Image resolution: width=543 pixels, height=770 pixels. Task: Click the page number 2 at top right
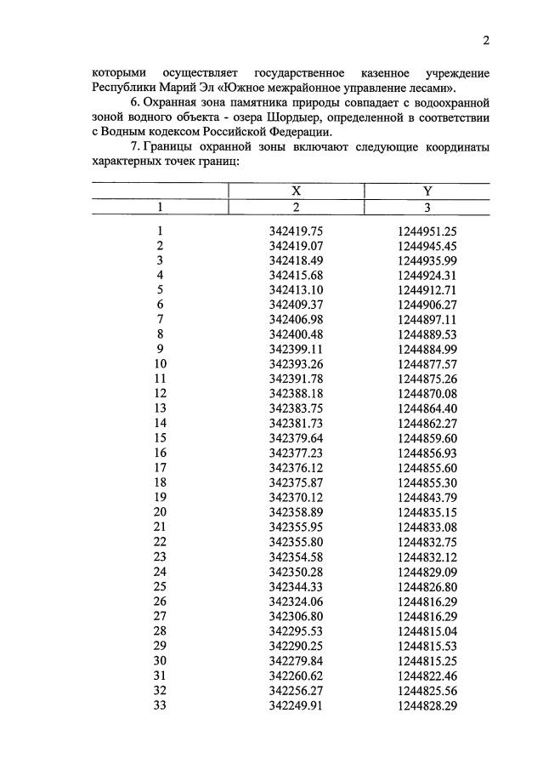click(486, 40)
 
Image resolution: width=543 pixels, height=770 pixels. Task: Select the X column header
click(297, 192)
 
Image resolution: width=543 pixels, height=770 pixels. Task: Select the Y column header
click(427, 192)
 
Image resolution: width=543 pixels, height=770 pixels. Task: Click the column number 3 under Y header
click(427, 208)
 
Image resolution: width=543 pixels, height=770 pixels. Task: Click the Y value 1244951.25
click(427, 231)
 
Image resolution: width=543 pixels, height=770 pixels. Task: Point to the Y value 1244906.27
click(427, 305)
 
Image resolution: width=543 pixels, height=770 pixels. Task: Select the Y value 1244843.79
click(427, 496)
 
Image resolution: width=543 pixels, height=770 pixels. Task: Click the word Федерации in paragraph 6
click(301, 132)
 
